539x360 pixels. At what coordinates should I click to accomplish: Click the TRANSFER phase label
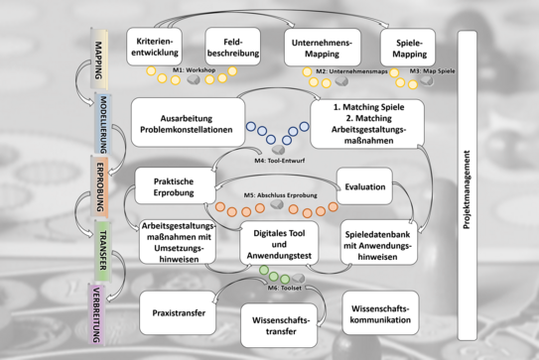100,248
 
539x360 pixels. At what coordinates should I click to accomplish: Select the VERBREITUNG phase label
99,312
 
